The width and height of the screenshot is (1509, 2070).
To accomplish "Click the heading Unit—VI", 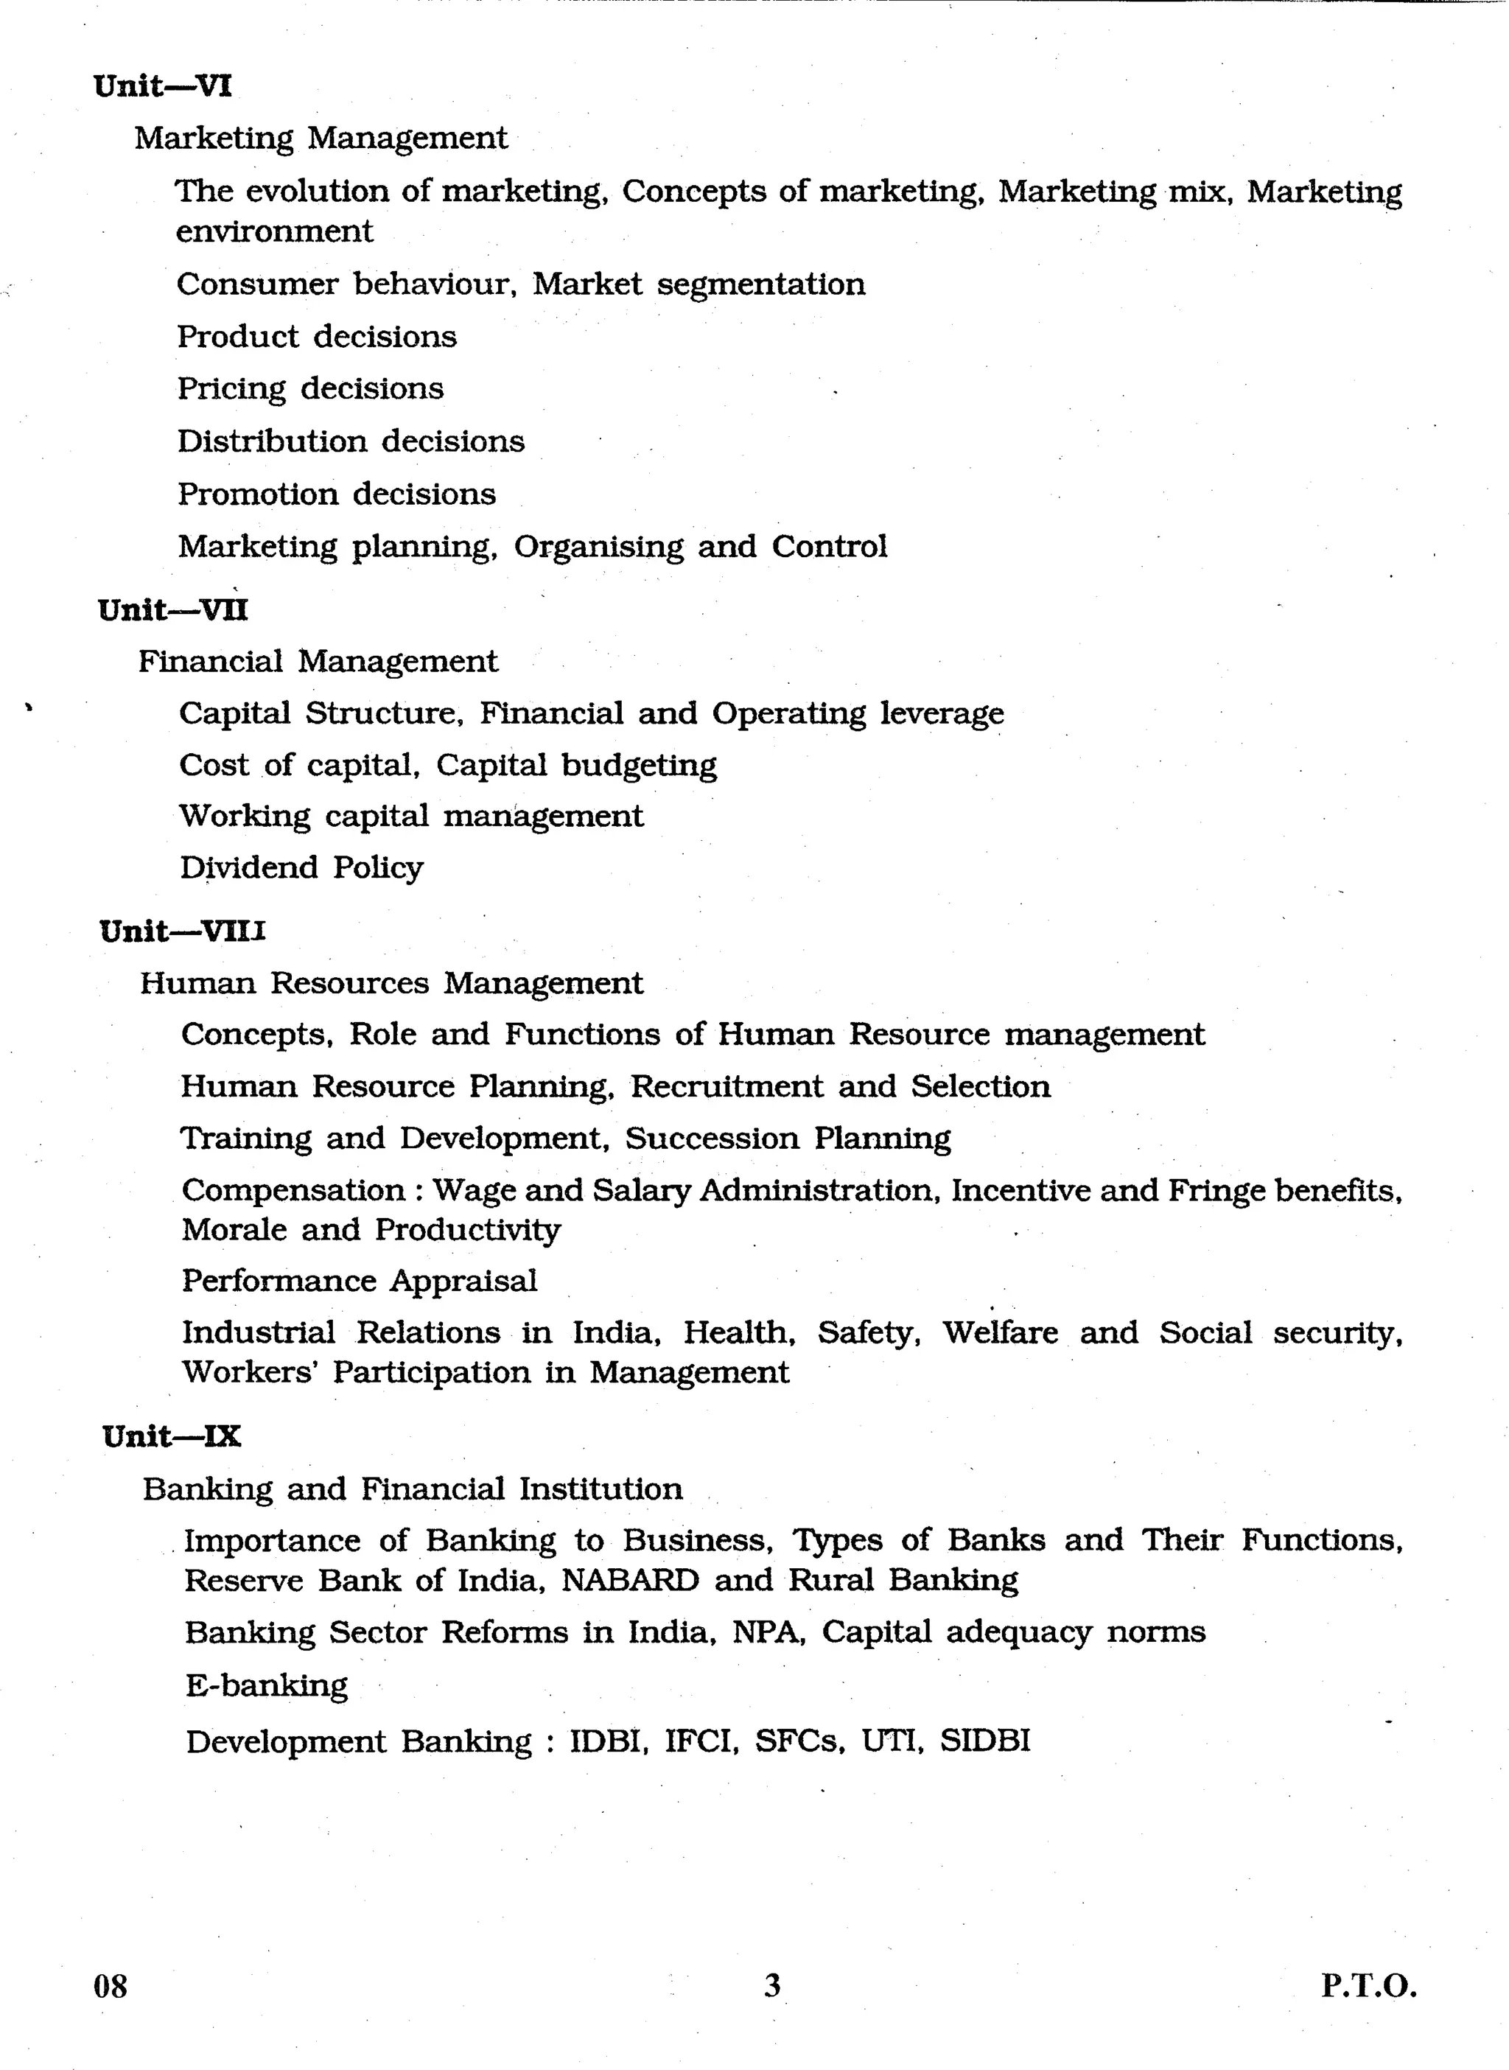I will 163,87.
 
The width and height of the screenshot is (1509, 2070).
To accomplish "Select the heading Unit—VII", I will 172,609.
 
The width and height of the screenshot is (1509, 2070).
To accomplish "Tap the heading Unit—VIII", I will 183,931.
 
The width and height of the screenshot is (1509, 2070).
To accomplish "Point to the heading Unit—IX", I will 172,1436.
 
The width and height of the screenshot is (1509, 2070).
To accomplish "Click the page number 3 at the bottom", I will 772,1985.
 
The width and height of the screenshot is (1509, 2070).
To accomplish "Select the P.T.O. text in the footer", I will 1368,1986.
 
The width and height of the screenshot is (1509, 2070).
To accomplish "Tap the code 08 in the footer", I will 111,1986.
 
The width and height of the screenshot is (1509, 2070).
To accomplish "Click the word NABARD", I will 629,1579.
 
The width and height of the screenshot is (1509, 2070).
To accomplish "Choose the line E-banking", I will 267,1685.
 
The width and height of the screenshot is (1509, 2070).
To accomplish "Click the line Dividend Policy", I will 301,867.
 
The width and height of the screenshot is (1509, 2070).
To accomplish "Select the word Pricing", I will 231,389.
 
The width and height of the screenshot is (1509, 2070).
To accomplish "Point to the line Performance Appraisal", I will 359,1281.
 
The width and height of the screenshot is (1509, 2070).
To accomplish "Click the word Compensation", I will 293,1190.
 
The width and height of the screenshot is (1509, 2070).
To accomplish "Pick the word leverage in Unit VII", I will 942,713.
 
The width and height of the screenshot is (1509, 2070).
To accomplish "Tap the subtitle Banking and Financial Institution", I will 413,1489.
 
